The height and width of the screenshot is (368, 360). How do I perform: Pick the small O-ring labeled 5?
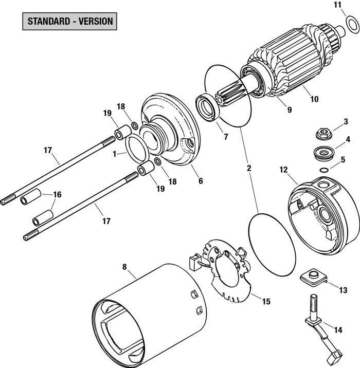[x=323, y=170]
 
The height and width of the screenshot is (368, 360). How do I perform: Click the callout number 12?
[x=283, y=169]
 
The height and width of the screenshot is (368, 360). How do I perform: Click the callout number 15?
[x=266, y=302]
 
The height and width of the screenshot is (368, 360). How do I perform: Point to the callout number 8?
[x=124, y=267]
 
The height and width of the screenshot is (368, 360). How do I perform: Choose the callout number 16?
[x=57, y=195]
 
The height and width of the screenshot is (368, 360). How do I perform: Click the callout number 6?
[x=201, y=181]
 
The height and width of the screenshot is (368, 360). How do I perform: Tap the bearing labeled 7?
[x=209, y=108]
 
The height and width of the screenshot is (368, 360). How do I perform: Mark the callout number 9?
[x=289, y=109]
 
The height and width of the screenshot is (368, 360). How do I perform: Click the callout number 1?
[x=115, y=153]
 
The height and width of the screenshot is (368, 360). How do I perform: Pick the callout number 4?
[x=348, y=139]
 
